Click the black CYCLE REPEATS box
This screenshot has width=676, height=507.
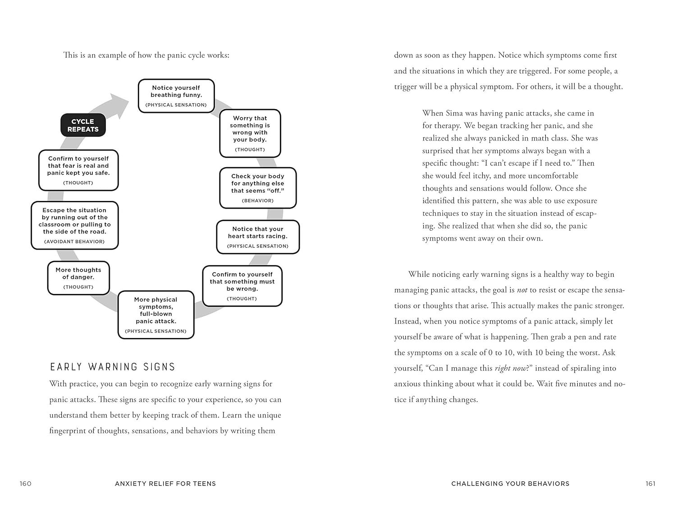[83, 125]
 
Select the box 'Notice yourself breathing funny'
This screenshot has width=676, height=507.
[176, 96]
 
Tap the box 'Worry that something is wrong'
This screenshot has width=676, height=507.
[250, 133]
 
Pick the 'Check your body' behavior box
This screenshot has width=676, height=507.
[258, 188]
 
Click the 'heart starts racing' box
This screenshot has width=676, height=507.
[258, 237]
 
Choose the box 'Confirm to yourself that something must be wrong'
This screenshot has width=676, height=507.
[242, 286]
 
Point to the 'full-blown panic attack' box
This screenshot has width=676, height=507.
[156, 315]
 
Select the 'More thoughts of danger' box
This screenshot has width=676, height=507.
[78, 278]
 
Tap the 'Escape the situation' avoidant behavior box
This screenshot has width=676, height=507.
[75, 225]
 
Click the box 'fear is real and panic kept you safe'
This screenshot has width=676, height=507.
[78, 170]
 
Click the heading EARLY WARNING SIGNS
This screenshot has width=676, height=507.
[113, 367]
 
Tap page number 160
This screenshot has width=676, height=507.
[26, 484]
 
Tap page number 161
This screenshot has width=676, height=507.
[650, 484]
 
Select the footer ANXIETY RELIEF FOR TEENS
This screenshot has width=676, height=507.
[165, 484]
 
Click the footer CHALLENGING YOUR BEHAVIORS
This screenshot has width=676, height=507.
[510, 484]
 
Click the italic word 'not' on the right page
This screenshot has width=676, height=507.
[522, 290]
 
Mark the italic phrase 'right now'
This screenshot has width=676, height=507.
[510, 369]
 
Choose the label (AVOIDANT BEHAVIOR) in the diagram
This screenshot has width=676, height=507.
[74, 242]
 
